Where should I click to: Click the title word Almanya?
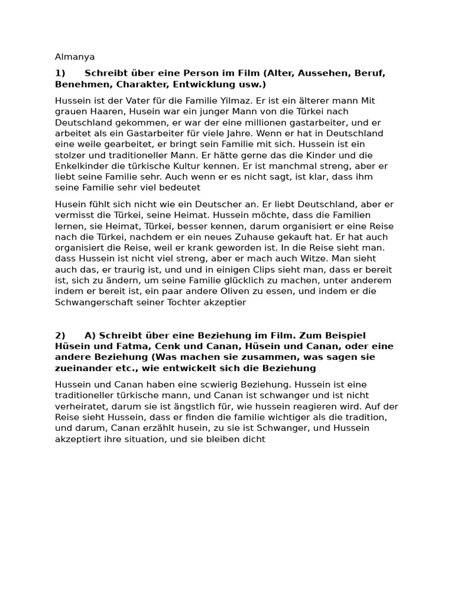[x=74, y=57]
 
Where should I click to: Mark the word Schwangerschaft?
[x=92, y=302]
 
